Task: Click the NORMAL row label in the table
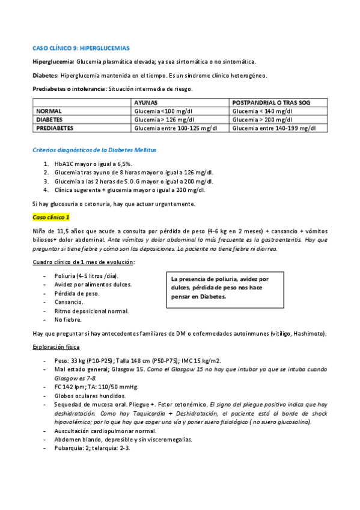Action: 49,111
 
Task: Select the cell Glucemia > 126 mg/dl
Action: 164,120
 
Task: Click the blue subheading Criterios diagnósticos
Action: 95,149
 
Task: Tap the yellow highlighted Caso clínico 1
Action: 51,217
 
